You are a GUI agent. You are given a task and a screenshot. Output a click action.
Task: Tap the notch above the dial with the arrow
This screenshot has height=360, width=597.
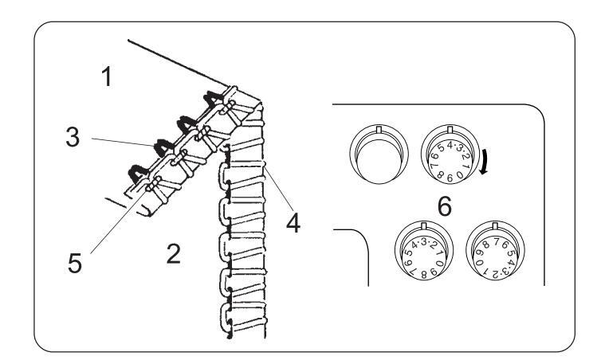click(x=451, y=128)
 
